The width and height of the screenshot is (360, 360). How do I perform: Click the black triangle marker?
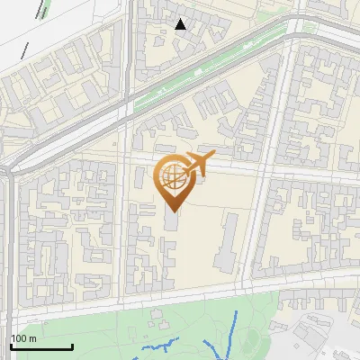click(181, 23)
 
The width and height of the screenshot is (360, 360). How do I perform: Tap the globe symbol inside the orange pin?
click(173, 176)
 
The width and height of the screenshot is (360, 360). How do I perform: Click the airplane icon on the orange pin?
click(197, 163)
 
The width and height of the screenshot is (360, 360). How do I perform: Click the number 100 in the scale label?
click(18, 338)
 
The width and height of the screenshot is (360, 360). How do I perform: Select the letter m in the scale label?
click(33, 338)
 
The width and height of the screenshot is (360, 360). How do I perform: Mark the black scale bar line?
click(41, 346)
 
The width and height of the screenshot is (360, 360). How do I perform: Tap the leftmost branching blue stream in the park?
click(162, 346)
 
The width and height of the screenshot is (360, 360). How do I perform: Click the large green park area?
click(99, 333)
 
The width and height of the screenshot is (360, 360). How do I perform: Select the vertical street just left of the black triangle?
click(130, 36)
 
